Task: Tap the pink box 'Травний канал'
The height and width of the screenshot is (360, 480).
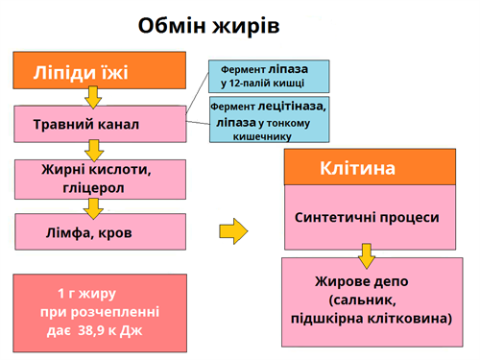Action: (x=100, y=124)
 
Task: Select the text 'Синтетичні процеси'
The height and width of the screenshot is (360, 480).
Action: (x=366, y=217)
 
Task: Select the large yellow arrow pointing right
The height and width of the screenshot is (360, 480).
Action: (x=233, y=230)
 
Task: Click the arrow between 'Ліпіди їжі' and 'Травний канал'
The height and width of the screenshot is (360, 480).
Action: (x=93, y=97)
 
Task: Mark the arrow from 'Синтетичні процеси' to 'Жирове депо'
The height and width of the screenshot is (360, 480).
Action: (x=366, y=256)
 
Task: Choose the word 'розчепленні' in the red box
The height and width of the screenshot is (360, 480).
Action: (x=111, y=312)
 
